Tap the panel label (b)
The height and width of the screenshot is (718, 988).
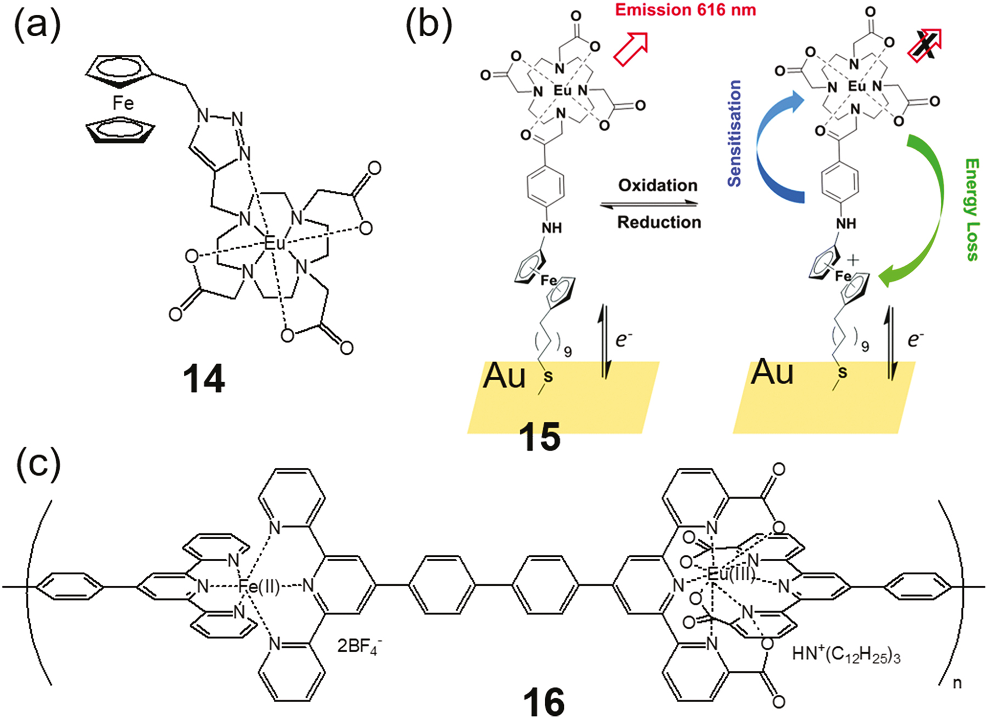pos(429,24)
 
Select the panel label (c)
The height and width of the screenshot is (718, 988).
pos(38,464)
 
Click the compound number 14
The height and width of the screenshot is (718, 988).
pos(204,380)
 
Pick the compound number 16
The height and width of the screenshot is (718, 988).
pos(543,702)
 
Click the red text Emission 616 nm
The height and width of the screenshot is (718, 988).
pos(685,9)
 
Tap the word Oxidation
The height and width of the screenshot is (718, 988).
pos(658,185)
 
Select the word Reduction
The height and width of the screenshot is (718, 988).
pos(659,222)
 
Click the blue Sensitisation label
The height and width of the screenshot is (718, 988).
pos(735,133)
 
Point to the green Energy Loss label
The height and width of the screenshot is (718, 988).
pos(972,210)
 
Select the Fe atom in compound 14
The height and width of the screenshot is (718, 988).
pos(123,103)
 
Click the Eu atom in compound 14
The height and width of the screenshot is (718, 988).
pos(274,244)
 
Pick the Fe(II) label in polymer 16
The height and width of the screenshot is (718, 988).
pos(258,587)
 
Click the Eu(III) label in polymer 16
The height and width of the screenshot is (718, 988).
pos(730,575)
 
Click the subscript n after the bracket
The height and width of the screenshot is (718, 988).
pos(956,683)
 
